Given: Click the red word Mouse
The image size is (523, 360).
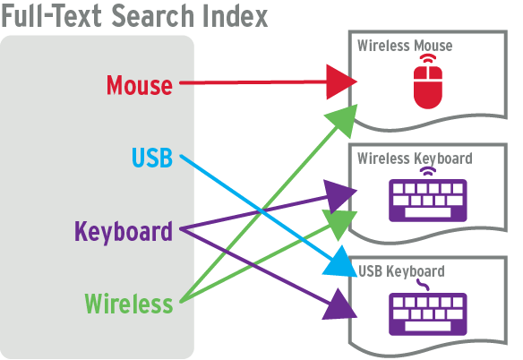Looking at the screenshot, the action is point(140,85).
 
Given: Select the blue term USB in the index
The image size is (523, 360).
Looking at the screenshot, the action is point(152,157).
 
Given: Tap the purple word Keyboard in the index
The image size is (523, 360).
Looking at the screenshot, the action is point(124,232).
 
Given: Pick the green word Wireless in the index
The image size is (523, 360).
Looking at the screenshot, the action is point(129,304).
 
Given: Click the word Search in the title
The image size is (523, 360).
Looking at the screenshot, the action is point(153,16).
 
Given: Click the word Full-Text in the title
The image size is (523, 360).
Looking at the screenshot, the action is point(52,16).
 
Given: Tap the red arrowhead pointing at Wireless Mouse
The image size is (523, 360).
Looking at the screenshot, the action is point(340,81).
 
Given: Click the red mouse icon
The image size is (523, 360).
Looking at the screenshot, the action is point(428,88).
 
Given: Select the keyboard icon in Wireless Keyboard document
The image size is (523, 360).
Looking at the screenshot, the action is point(428,201).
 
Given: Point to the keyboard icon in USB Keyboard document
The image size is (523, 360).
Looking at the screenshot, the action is point(428,314).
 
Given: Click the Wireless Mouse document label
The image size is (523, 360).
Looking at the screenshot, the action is point(405,46).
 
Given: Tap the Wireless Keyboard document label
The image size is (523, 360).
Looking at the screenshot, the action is point(415,159).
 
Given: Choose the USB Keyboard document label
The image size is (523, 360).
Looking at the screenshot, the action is point(401,271).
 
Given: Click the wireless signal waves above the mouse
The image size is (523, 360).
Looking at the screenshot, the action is point(428,58).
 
